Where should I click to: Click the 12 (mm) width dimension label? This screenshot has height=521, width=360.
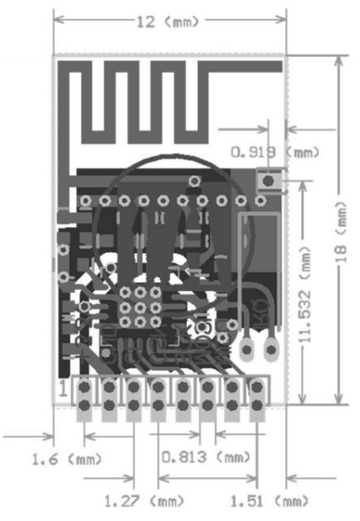pyautogui.click(x=168, y=22)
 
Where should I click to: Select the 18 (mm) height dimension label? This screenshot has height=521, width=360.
pyautogui.click(x=341, y=231)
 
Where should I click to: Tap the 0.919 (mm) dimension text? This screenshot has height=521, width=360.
pyautogui.click(x=275, y=153)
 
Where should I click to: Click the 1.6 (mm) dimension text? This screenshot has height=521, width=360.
pyautogui.click(x=67, y=459)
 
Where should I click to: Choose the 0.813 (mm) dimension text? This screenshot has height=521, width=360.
pyautogui.click(x=206, y=458)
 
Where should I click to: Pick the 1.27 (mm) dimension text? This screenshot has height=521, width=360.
pyautogui.click(x=144, y=501)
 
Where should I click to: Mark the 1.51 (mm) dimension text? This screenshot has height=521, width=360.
pyautogui.click(x=269, y=501)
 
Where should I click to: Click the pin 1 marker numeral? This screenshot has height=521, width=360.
pyautogui.click(x=63, y=388)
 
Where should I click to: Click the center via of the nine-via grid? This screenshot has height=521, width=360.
pyautogui.click(x=141, y=308)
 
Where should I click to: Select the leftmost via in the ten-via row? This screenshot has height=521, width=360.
pyautogui.click(x=86, y=201)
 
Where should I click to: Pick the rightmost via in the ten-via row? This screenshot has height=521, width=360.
pyautogui.click(x=261, y=201)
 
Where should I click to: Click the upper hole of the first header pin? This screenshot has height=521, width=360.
pyautogui.click(x=85, y=386)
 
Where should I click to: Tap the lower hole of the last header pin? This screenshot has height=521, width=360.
pyautogui.click(x=256, y=405)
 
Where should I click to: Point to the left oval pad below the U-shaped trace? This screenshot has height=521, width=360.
pyautogui.click(x=247, y=350)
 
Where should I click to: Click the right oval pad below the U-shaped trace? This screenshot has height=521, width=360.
pyautogui.click(x=272, y=350)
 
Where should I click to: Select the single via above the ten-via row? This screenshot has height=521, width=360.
pyautogui.click(x=195, y=181)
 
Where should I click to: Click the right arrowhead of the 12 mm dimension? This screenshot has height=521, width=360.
pyautogui.click(x=281, y=20)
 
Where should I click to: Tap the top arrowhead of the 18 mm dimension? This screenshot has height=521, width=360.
pyautogui.click(x=339, y=61)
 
